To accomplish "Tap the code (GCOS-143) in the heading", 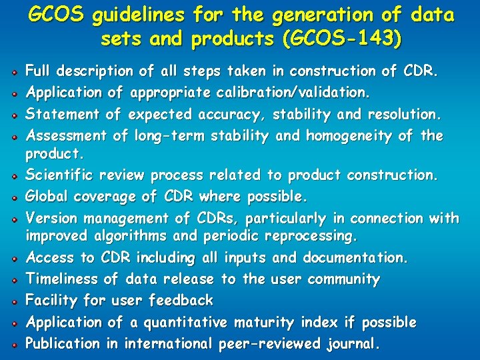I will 342,40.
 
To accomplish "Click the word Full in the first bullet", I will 37,71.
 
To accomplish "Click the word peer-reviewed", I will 271,345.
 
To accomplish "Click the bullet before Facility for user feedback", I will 14,301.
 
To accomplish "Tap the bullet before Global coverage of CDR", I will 14,198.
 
